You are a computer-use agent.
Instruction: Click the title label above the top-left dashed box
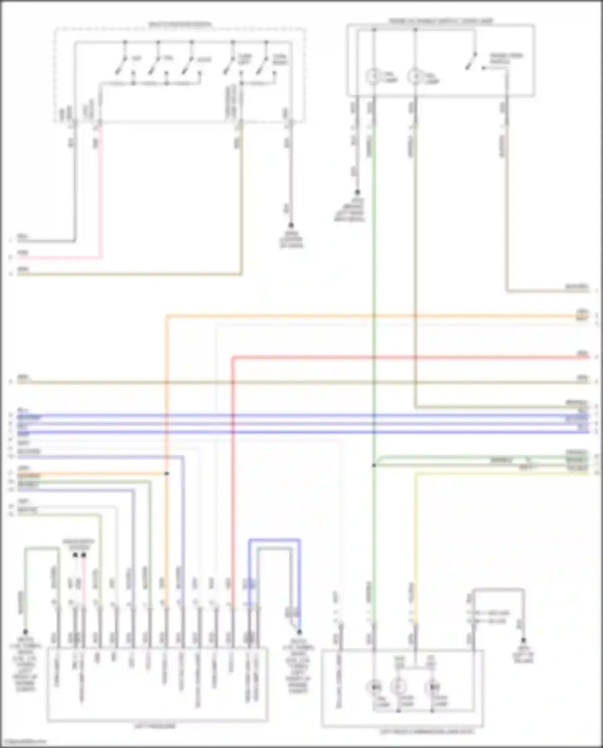pos(180,25)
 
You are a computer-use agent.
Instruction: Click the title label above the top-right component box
pos(441,20)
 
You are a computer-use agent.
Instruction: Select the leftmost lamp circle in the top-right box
pos(373,76)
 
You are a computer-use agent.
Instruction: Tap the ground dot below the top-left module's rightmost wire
pos(291,225)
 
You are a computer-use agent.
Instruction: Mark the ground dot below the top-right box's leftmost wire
pos(357,193)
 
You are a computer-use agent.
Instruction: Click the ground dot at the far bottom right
pos(523,640)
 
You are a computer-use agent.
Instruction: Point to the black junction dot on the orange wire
pos(166,473)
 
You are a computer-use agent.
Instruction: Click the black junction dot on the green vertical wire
pos(374,465)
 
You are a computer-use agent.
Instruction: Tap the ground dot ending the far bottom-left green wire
pos(25,631)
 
